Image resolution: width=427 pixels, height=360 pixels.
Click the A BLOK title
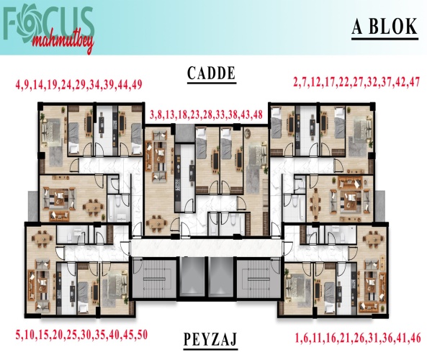(385, 27)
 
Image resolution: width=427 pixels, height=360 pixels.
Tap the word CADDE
(211, 73)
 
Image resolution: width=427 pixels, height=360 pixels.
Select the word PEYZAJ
(210, 338)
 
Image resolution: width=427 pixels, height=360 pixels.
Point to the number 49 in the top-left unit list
(137, 85)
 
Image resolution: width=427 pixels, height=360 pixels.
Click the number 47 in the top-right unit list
(415, 82)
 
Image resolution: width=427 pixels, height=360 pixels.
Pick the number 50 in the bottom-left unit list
(142, 335)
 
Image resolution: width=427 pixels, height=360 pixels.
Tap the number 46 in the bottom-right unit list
(415, 338)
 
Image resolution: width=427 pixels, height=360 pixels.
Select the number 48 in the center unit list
(257, 114)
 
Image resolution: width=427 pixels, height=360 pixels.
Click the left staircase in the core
(154, 279)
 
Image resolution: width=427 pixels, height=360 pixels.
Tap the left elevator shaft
(192, 277)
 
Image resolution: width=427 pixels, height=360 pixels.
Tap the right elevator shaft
(221, 277)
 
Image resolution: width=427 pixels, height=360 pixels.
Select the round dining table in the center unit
(156, 222)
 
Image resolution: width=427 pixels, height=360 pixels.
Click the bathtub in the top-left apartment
(113, 208)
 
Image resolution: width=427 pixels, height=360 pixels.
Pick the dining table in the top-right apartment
(315, 204)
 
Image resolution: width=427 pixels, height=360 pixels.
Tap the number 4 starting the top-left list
(18, 85)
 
